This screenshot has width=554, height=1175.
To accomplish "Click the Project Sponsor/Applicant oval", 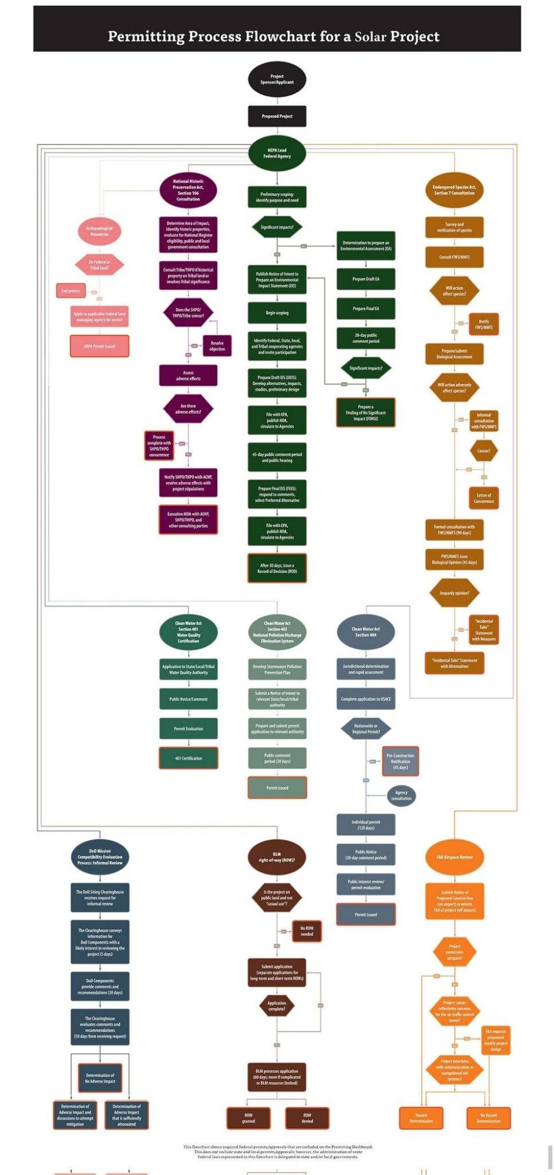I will pos(277,79).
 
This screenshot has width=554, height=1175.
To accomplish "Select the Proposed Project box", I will pos(277,116).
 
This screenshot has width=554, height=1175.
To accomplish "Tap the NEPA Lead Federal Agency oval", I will pos(277,153).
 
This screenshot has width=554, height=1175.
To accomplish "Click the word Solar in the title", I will pos(370,36).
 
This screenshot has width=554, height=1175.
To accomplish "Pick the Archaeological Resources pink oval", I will pos(99,231).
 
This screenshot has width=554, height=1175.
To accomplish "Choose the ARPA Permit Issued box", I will pos(99,346).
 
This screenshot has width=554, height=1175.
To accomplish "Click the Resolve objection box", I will pos(217,346).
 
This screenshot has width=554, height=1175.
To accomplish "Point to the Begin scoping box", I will pos(277,313).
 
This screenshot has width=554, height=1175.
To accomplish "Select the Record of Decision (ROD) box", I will pos(277,568).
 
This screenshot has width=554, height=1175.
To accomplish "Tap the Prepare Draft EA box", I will pos(365,279).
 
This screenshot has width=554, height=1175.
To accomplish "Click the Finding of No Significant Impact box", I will pos(365,413).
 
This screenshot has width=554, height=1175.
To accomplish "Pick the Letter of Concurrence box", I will pos(484,498).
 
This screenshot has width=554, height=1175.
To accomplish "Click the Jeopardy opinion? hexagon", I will pos(454,593).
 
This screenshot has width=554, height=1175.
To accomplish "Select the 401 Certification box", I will pos(188,758).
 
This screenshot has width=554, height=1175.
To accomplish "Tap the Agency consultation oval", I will pos(401,796).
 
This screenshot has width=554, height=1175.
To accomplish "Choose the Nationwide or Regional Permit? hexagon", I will pos(365,729).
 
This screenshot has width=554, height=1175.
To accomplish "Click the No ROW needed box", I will pos(307,931).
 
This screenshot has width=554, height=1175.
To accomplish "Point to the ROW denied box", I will pos(307,1118).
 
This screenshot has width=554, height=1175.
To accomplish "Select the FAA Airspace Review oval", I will pos(454,857).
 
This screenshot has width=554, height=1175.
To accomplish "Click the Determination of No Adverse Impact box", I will pos(100,1078).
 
